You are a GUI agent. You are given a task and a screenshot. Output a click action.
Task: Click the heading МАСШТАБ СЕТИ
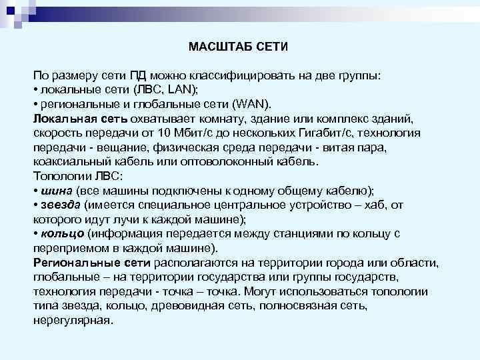tap(238, 47)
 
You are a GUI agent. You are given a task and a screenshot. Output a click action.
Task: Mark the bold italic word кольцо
tap(61, 234)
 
